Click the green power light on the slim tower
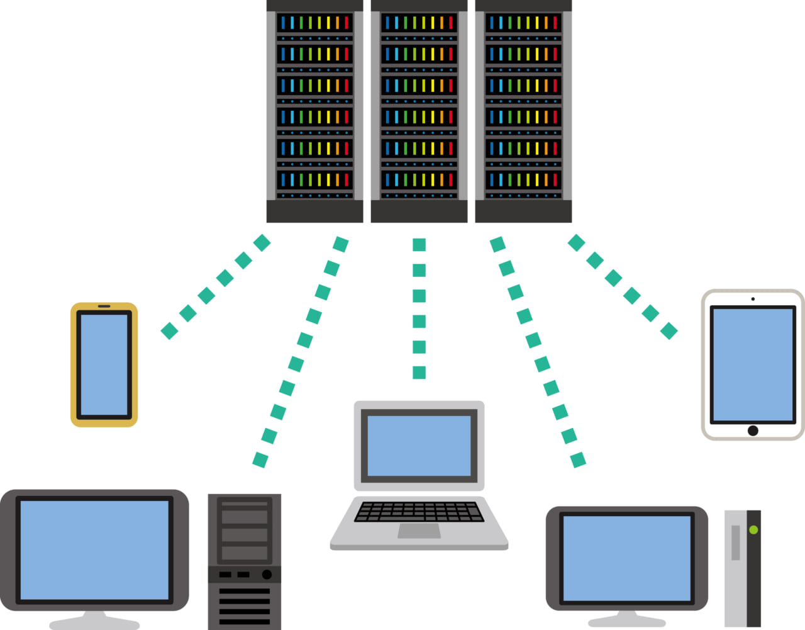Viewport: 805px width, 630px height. (x=753, y=530)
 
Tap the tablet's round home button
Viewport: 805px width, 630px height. (x=753, y=430)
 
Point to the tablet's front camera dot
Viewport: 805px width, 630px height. (x=753, y=299)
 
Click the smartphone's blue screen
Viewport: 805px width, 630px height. (x=104, y=364)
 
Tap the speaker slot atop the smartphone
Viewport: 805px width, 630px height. (x=104, y=307)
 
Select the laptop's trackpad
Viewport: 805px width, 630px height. (x=419, y=531)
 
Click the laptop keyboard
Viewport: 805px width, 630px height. (x=419, y=511)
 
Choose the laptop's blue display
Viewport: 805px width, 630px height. (x=419, y=446)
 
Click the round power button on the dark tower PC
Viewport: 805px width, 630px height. (x=267, y=574)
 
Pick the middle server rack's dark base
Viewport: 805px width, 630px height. (x=419, y=211)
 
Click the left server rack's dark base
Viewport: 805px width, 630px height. (x=314, y=211)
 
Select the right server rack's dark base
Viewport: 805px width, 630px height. (x=523, y=211)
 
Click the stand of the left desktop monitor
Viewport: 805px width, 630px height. (x=94, y=620)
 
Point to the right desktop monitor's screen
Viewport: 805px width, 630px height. (x=626, y=558)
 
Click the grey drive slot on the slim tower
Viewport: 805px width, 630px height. (x=736, y=543)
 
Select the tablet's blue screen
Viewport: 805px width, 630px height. (x=753, y=364)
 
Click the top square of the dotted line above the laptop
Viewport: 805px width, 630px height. (x=419, y=245)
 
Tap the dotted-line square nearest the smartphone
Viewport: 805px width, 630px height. (x=169, y=331)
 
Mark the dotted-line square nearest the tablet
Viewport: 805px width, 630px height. (x=669, y=331)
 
